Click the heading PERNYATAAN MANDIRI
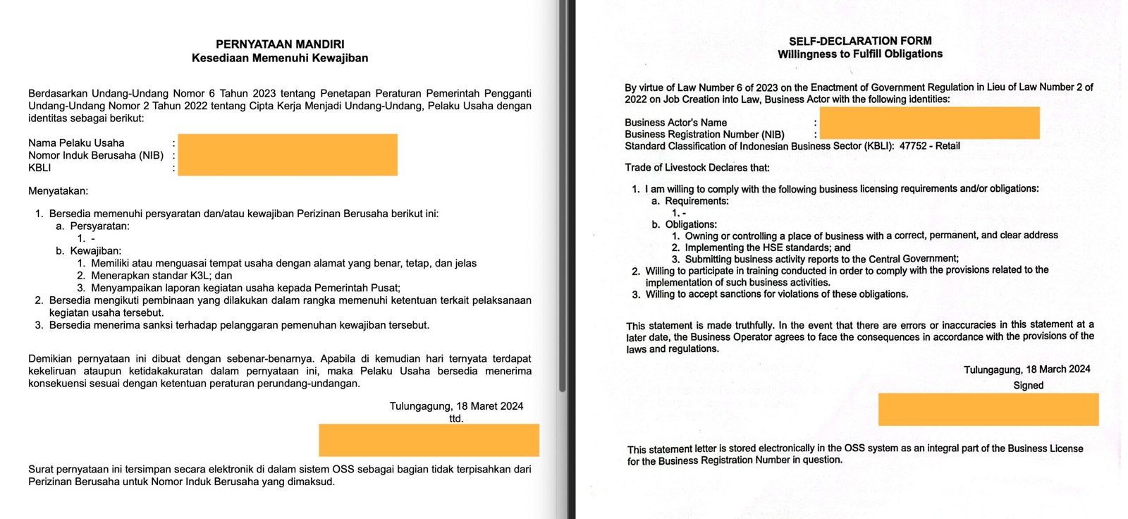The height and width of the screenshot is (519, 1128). click(x=280, y=44)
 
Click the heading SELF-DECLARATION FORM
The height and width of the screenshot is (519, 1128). click(x=860, y=41)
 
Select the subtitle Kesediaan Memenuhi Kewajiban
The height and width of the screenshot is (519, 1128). click(x=280, y=58)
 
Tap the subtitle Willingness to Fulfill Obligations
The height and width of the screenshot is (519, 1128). click(x=860, y=54)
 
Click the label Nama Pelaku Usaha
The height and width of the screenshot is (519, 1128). click(x=76, y=143)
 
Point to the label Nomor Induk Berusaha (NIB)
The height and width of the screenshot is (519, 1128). click(x=96, y=155)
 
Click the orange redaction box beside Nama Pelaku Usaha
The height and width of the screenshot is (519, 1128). click(x=288, y=154)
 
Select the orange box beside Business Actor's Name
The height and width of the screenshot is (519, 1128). click(x=929, y=123)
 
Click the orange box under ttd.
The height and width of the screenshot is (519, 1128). click(x=429, y=440)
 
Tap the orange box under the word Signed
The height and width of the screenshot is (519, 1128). click(x=988, y=409)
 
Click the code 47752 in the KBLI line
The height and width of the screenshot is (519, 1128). click(x=913, y=146)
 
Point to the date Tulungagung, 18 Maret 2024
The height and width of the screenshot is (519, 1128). click(x=456, y=406)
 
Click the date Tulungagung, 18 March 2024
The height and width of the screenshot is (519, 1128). click(x=1026, y=370)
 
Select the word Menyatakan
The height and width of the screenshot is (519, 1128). click(x=58, y=191)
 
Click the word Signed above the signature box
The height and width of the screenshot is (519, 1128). click(x=1028, y=385)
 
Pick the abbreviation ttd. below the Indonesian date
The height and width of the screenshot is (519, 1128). click(x=456, y=419)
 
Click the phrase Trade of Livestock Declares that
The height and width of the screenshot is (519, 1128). click(x=697, y=168)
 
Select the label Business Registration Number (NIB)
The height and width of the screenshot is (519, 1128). click(x=704, y=134)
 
